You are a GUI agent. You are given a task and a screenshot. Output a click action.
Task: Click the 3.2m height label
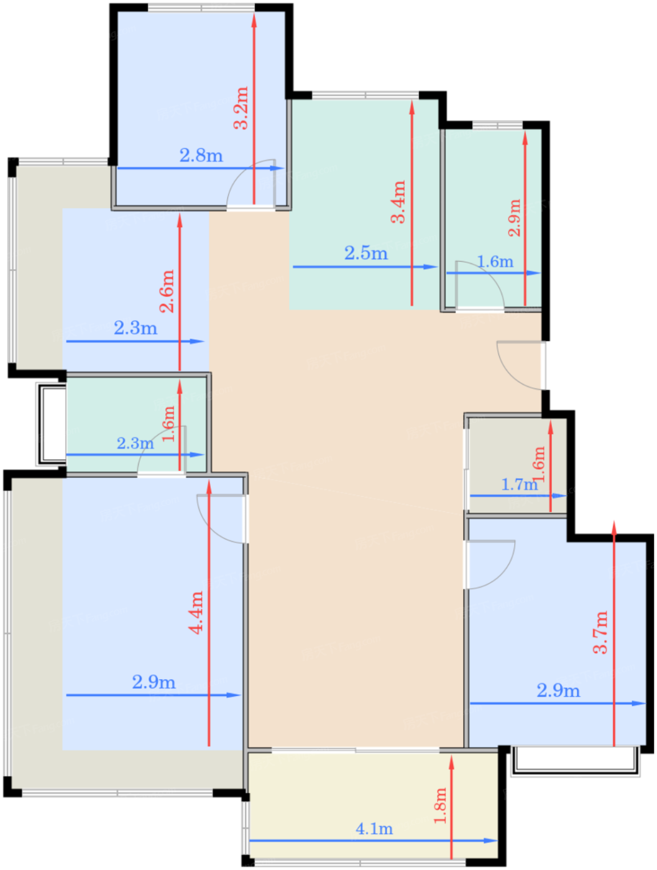(x=241, y=108)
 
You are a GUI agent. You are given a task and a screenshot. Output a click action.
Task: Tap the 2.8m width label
(x=201, y=155)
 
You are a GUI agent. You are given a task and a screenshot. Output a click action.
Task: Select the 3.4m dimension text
(x=398, y=202)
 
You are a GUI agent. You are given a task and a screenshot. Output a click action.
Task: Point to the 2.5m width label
(x=365, y=254)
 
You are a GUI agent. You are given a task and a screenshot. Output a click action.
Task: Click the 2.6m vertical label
(x=167, y=291)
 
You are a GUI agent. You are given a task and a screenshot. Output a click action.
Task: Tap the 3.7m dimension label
(x=600, y=633)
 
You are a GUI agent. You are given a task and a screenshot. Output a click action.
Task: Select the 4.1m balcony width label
(x=374, y=829)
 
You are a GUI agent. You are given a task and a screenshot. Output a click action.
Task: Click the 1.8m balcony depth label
(x=440, y=805)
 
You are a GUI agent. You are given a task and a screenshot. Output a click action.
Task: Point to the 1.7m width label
(x=520, y=484)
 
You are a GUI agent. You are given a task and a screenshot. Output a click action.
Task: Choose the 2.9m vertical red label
(x=514, y=217)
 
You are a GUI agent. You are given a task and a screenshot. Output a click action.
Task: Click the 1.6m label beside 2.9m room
(x=495, y=262)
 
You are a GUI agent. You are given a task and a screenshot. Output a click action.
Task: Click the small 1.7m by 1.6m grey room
(x=517, y=465)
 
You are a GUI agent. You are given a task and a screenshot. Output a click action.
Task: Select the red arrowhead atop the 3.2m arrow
(x=254, y=21)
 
